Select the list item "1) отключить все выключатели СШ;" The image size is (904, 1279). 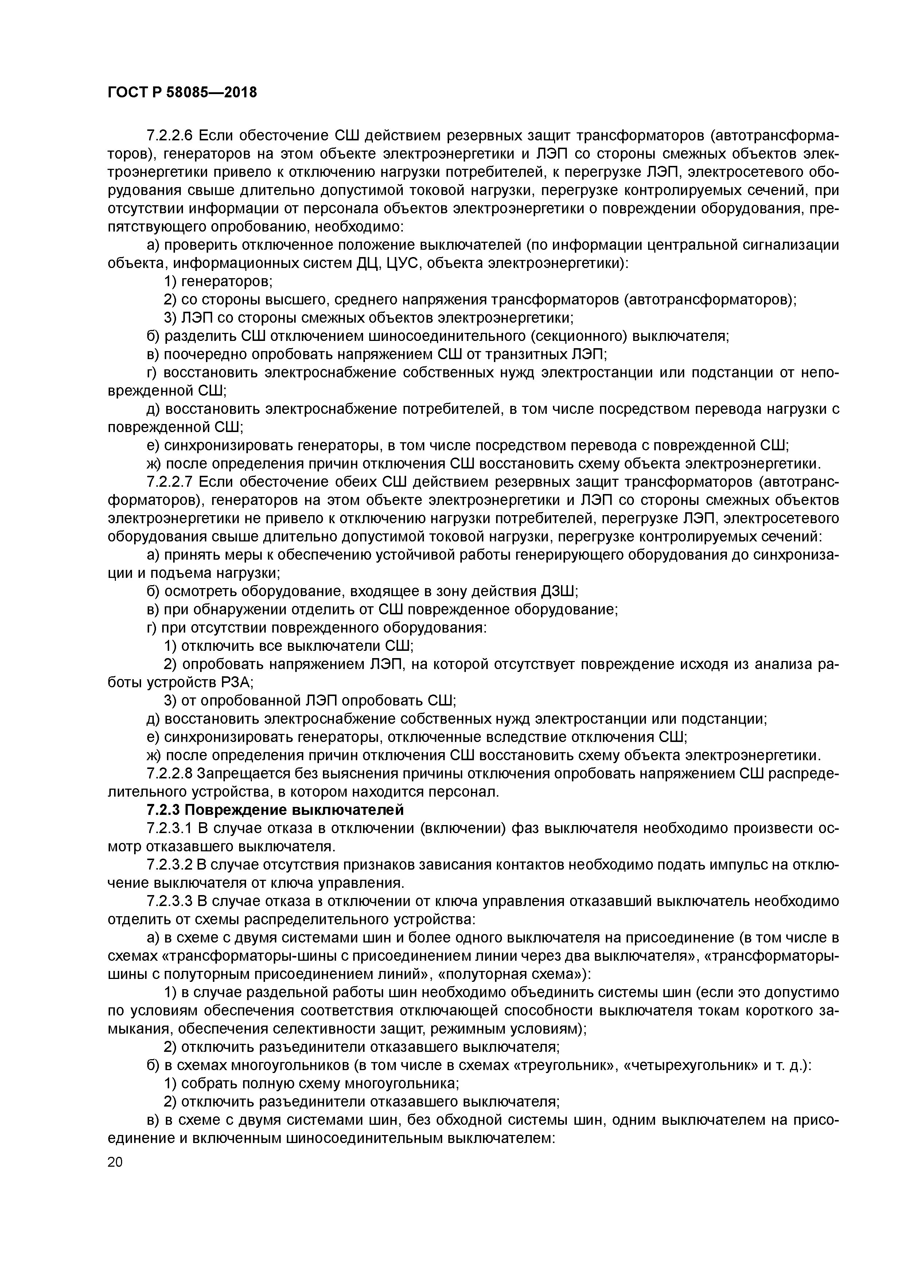[289, 646]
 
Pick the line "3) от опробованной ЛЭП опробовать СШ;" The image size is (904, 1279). [310, 700]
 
